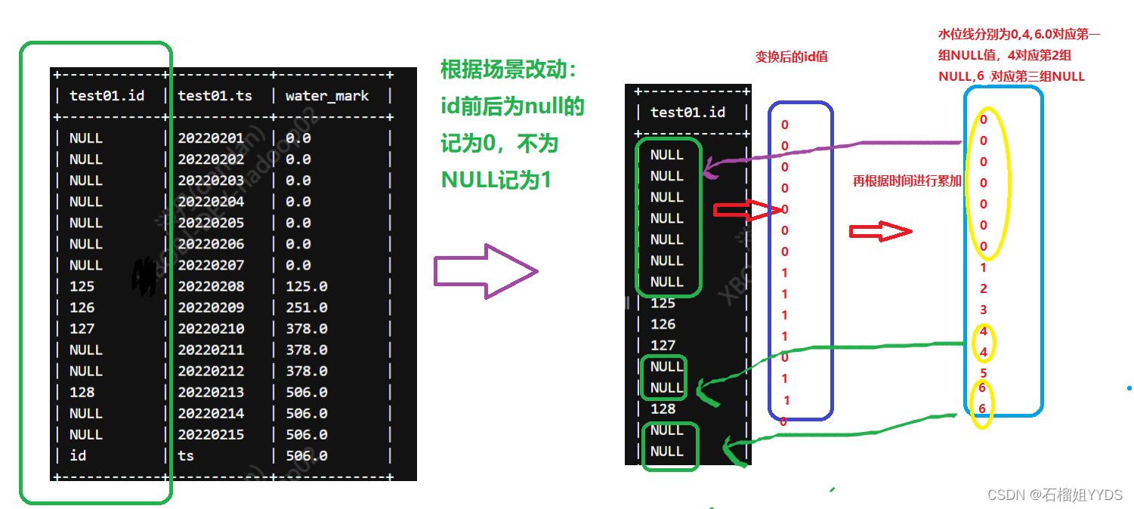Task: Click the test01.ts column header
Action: pos(215,96)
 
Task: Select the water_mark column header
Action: pos(326,96)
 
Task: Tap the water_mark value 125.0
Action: pos(307,286)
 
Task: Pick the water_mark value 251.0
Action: pos(307,307)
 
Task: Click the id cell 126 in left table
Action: pos(82,307)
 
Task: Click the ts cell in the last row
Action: pos(186,455)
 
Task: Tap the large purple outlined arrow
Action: pos(484,271)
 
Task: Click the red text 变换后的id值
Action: pos(791,57)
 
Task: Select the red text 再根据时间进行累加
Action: pos(907,181)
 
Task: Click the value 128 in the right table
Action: pos(663,409)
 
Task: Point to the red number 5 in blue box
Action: pos(984,372)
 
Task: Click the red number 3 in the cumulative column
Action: pos(984,310)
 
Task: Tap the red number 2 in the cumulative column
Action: pos(984,288)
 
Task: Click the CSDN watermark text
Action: pos(1055,495)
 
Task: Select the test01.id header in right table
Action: pos(688,113)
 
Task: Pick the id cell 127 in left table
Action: pos(82,329)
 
